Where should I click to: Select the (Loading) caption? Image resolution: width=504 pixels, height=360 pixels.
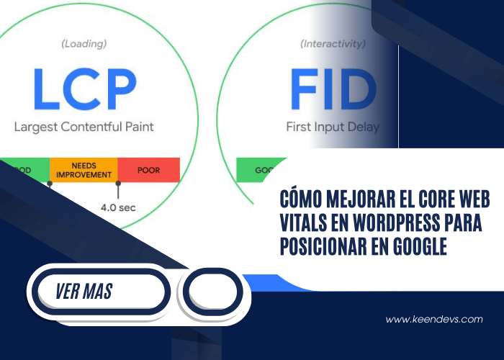(84, 44)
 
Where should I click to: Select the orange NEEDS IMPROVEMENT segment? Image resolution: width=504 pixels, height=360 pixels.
(83, 170)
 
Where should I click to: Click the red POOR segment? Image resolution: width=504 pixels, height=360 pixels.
(148, 170)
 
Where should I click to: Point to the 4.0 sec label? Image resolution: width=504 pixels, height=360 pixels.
(118, 208)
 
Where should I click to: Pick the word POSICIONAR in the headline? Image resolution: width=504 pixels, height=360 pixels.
(321, 246)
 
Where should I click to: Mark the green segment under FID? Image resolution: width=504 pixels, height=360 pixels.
(256, 171)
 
